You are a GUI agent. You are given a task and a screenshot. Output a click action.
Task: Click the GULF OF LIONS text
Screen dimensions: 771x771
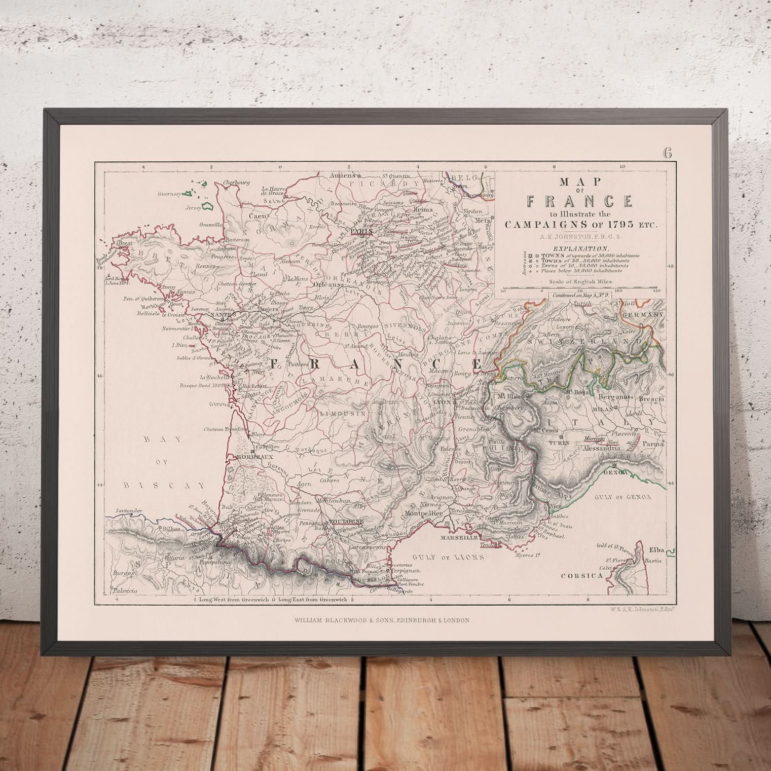coord(446,556)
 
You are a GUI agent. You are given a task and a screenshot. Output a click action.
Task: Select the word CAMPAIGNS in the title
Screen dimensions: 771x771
coord(554,226)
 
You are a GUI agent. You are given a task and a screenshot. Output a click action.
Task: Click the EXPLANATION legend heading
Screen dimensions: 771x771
coord(580,248)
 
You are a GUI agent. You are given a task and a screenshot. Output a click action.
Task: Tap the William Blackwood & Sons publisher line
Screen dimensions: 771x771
coord(383,620)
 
